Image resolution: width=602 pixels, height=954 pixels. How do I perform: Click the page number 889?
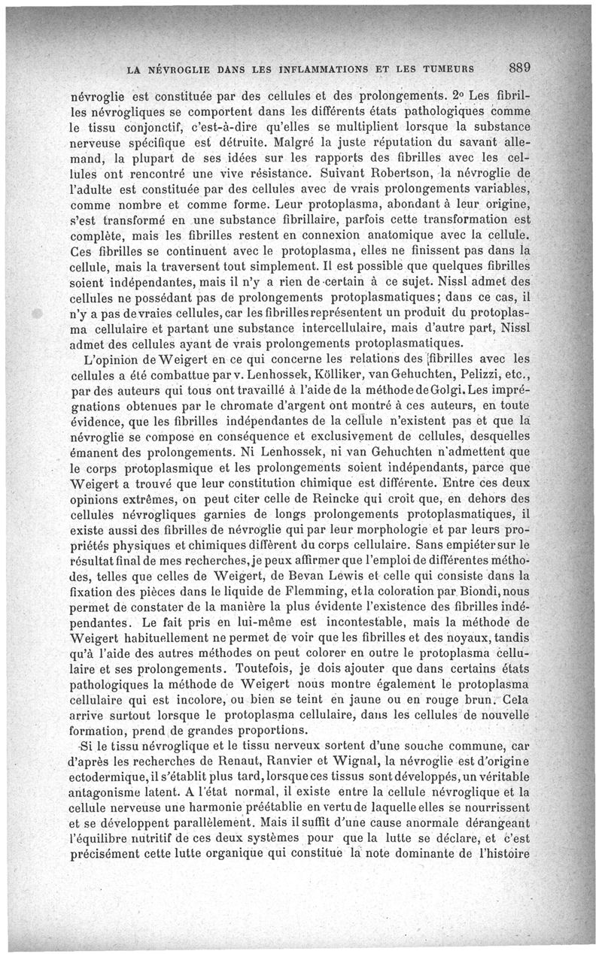click(519, 66)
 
